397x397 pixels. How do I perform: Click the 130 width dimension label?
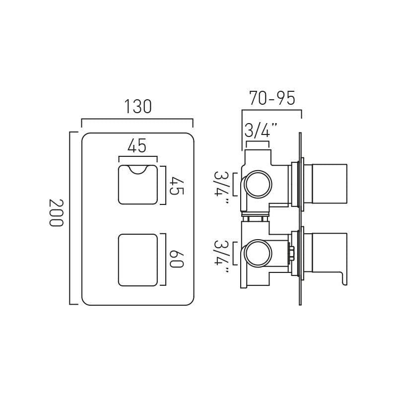137,107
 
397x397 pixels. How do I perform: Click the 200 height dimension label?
56,213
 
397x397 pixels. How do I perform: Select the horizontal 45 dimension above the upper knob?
137,146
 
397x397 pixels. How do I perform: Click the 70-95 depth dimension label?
272,98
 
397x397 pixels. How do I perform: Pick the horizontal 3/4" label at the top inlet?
260,131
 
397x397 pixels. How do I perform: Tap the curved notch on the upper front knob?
137,170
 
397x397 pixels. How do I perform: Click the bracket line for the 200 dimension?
70,218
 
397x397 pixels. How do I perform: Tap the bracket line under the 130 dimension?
137,119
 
